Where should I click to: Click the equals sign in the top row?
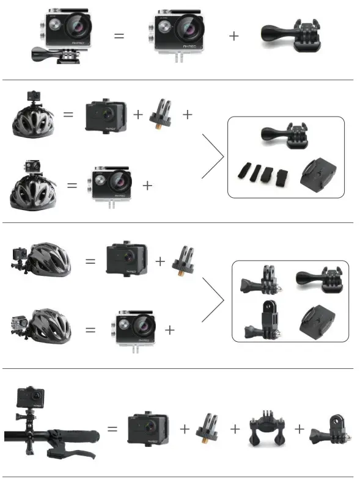119,36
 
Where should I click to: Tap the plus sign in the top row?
233,36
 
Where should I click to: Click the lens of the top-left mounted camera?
78,25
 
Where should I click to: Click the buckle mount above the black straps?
285,136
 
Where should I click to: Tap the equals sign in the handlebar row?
112,429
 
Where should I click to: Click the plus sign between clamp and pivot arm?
299,429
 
